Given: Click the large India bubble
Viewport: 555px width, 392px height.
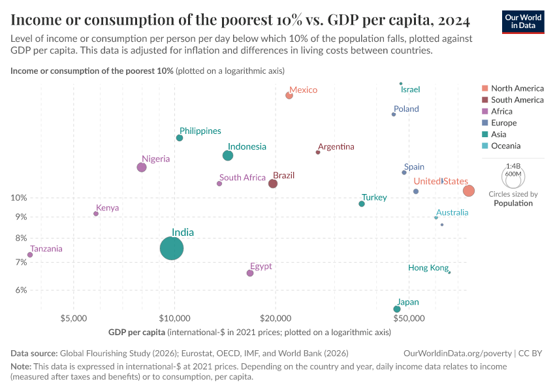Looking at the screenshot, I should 172,248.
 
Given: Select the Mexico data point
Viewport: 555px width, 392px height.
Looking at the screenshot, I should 289,95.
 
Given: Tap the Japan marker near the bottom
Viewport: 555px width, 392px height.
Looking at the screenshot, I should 397,309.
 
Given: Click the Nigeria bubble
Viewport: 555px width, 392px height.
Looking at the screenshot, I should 142,167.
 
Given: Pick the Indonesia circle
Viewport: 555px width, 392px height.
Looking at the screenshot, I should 228,155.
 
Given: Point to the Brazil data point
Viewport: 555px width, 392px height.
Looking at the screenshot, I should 273,184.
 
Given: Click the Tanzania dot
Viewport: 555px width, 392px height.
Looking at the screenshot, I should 30,255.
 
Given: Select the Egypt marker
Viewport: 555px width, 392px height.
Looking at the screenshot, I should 250,273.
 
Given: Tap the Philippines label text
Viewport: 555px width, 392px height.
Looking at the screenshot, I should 200,131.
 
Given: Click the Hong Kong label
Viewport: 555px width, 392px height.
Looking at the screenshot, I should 428,268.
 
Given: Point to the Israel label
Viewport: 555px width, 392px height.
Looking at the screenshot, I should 411,90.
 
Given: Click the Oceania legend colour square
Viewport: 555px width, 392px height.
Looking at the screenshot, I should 484,146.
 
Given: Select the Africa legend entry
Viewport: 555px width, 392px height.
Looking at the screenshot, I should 501,112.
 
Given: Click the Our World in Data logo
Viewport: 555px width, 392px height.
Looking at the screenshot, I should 522,21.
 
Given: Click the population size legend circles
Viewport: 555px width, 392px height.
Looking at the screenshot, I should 513,176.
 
